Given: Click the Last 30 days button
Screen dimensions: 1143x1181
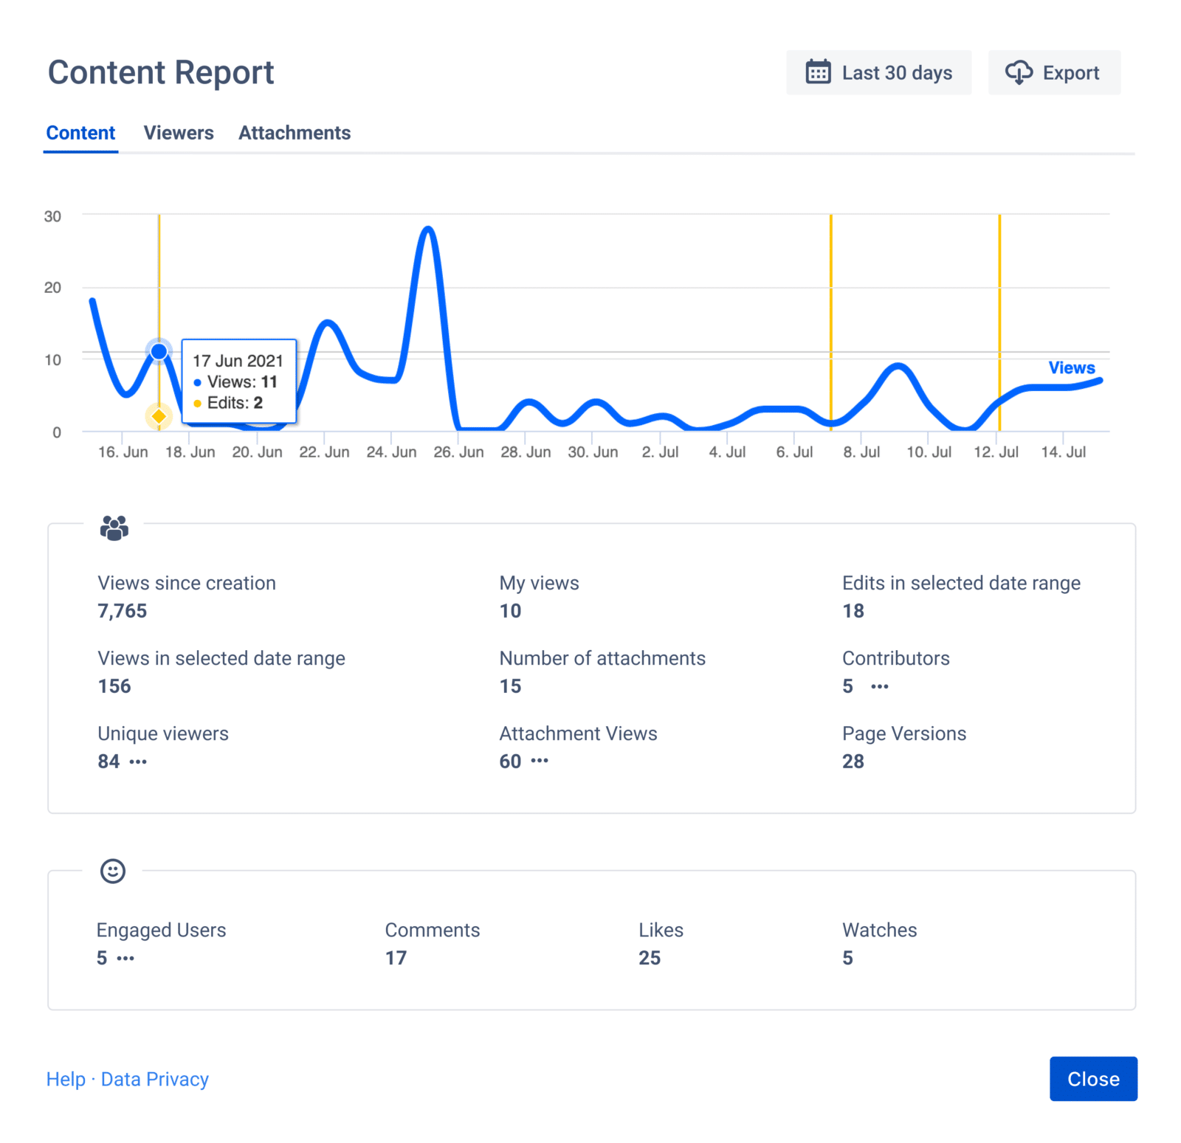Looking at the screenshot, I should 878,73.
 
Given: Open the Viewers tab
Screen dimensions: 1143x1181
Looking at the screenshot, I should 178,133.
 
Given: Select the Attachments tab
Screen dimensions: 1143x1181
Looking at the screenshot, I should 294,133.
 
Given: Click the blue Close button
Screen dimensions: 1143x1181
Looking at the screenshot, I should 1092,1079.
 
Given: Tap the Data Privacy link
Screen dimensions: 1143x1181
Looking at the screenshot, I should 154,1079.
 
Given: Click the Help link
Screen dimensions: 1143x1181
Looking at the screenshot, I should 66,1079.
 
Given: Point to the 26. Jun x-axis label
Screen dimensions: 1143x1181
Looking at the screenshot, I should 458,452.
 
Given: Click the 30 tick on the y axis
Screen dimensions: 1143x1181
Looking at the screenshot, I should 52,216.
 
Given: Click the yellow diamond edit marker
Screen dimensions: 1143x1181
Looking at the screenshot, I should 159,417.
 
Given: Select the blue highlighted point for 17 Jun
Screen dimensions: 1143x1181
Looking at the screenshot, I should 159,351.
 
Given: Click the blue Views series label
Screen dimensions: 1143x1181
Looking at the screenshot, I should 1071,367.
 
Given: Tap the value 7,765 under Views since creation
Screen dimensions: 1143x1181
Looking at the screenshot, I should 123,611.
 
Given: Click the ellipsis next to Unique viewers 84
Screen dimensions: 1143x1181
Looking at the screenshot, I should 138,762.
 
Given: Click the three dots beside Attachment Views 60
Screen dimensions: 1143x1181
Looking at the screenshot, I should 540,761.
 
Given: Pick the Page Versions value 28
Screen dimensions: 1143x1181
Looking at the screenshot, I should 853,762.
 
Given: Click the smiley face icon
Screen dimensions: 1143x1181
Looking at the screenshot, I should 113,871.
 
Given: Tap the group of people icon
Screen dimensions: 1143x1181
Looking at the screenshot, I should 114,528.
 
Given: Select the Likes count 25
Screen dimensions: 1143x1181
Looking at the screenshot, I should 649,958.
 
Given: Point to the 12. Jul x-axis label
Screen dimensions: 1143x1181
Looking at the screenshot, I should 996,452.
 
